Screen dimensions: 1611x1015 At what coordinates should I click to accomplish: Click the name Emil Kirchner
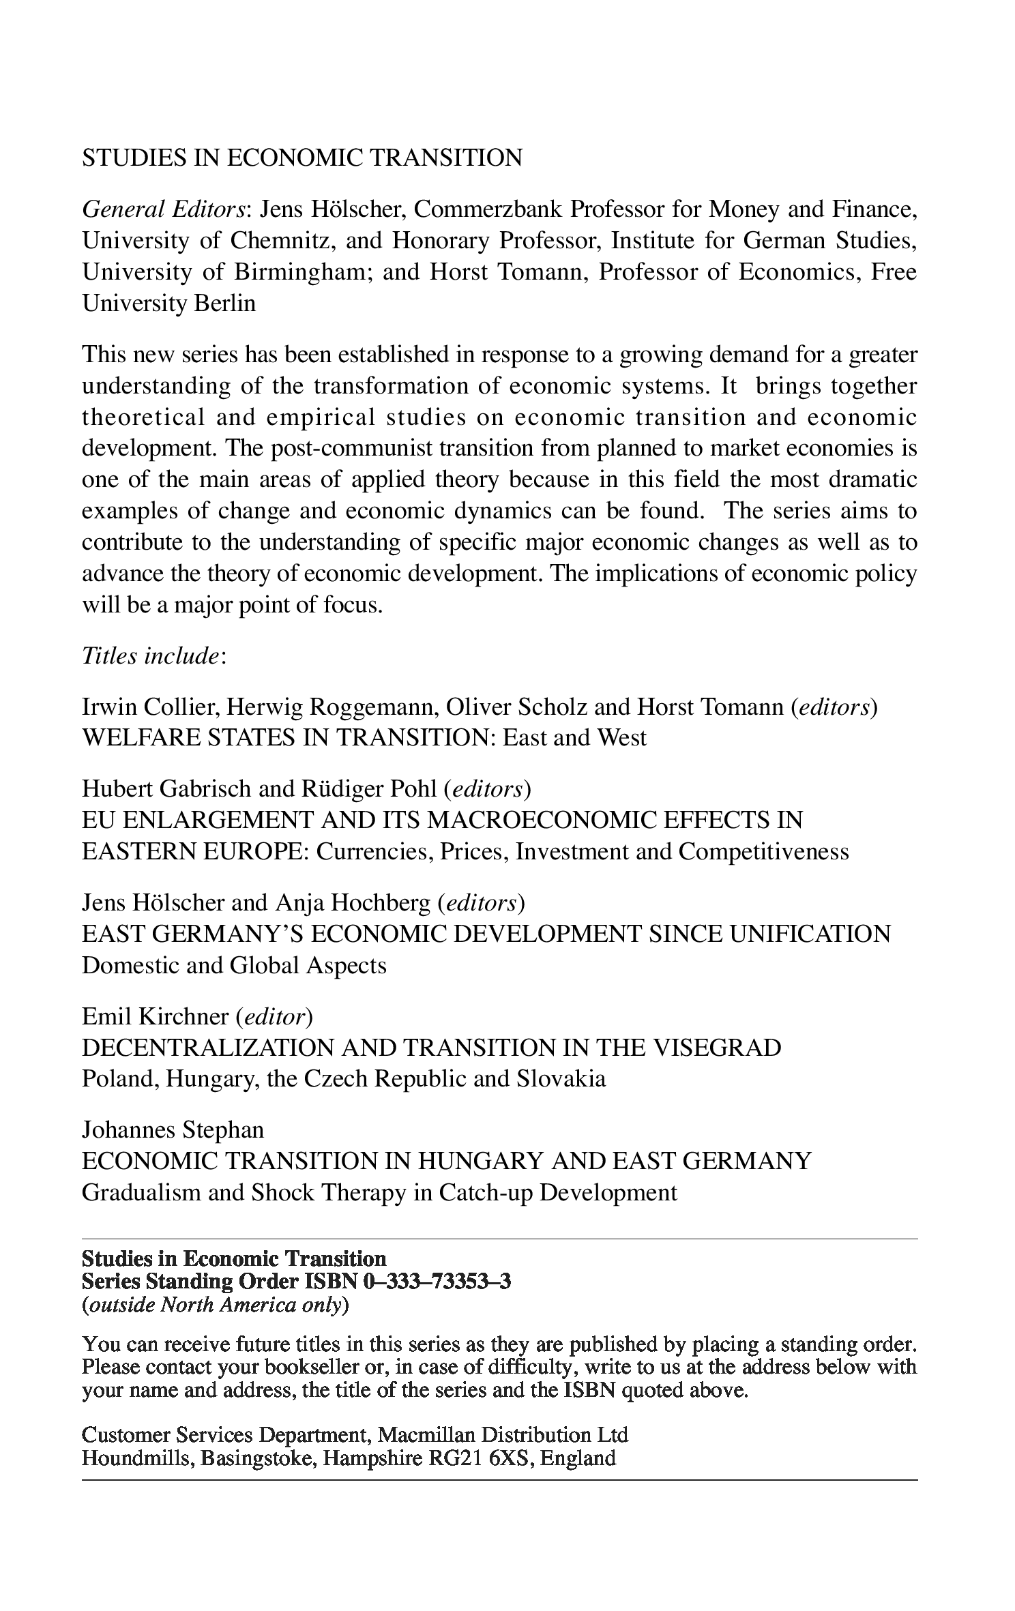[156, 1017]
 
